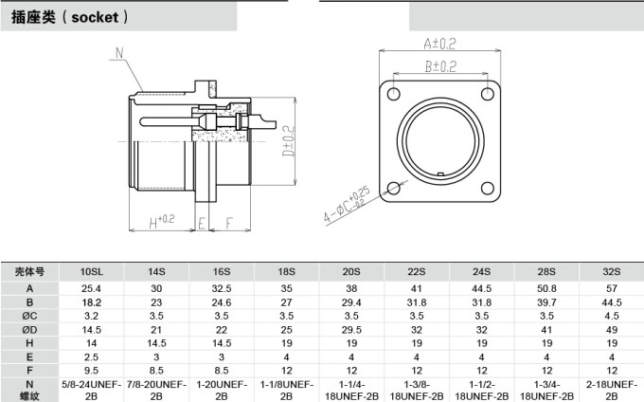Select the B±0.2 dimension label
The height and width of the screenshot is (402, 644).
click(x=439, y=67)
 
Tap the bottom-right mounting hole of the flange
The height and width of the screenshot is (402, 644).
click(x=485, y=187)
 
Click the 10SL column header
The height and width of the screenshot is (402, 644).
click(x=93, y=272)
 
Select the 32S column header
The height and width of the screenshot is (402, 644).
click(x=611, y=272)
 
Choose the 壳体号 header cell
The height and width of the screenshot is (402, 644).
click(x=29, y=272)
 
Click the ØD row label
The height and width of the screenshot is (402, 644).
click(x=29, y=328)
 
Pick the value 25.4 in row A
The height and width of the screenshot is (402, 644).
click(x=92, y=287)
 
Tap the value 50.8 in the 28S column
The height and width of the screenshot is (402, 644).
click(x=546, y=287)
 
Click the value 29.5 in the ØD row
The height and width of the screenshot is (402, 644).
click(x=351, y=328)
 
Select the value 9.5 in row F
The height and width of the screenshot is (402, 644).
click(x=92, y=369)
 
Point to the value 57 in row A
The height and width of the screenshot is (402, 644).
click(x=611, y=287)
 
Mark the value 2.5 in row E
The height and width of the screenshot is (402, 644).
click(x=92, y=356)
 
